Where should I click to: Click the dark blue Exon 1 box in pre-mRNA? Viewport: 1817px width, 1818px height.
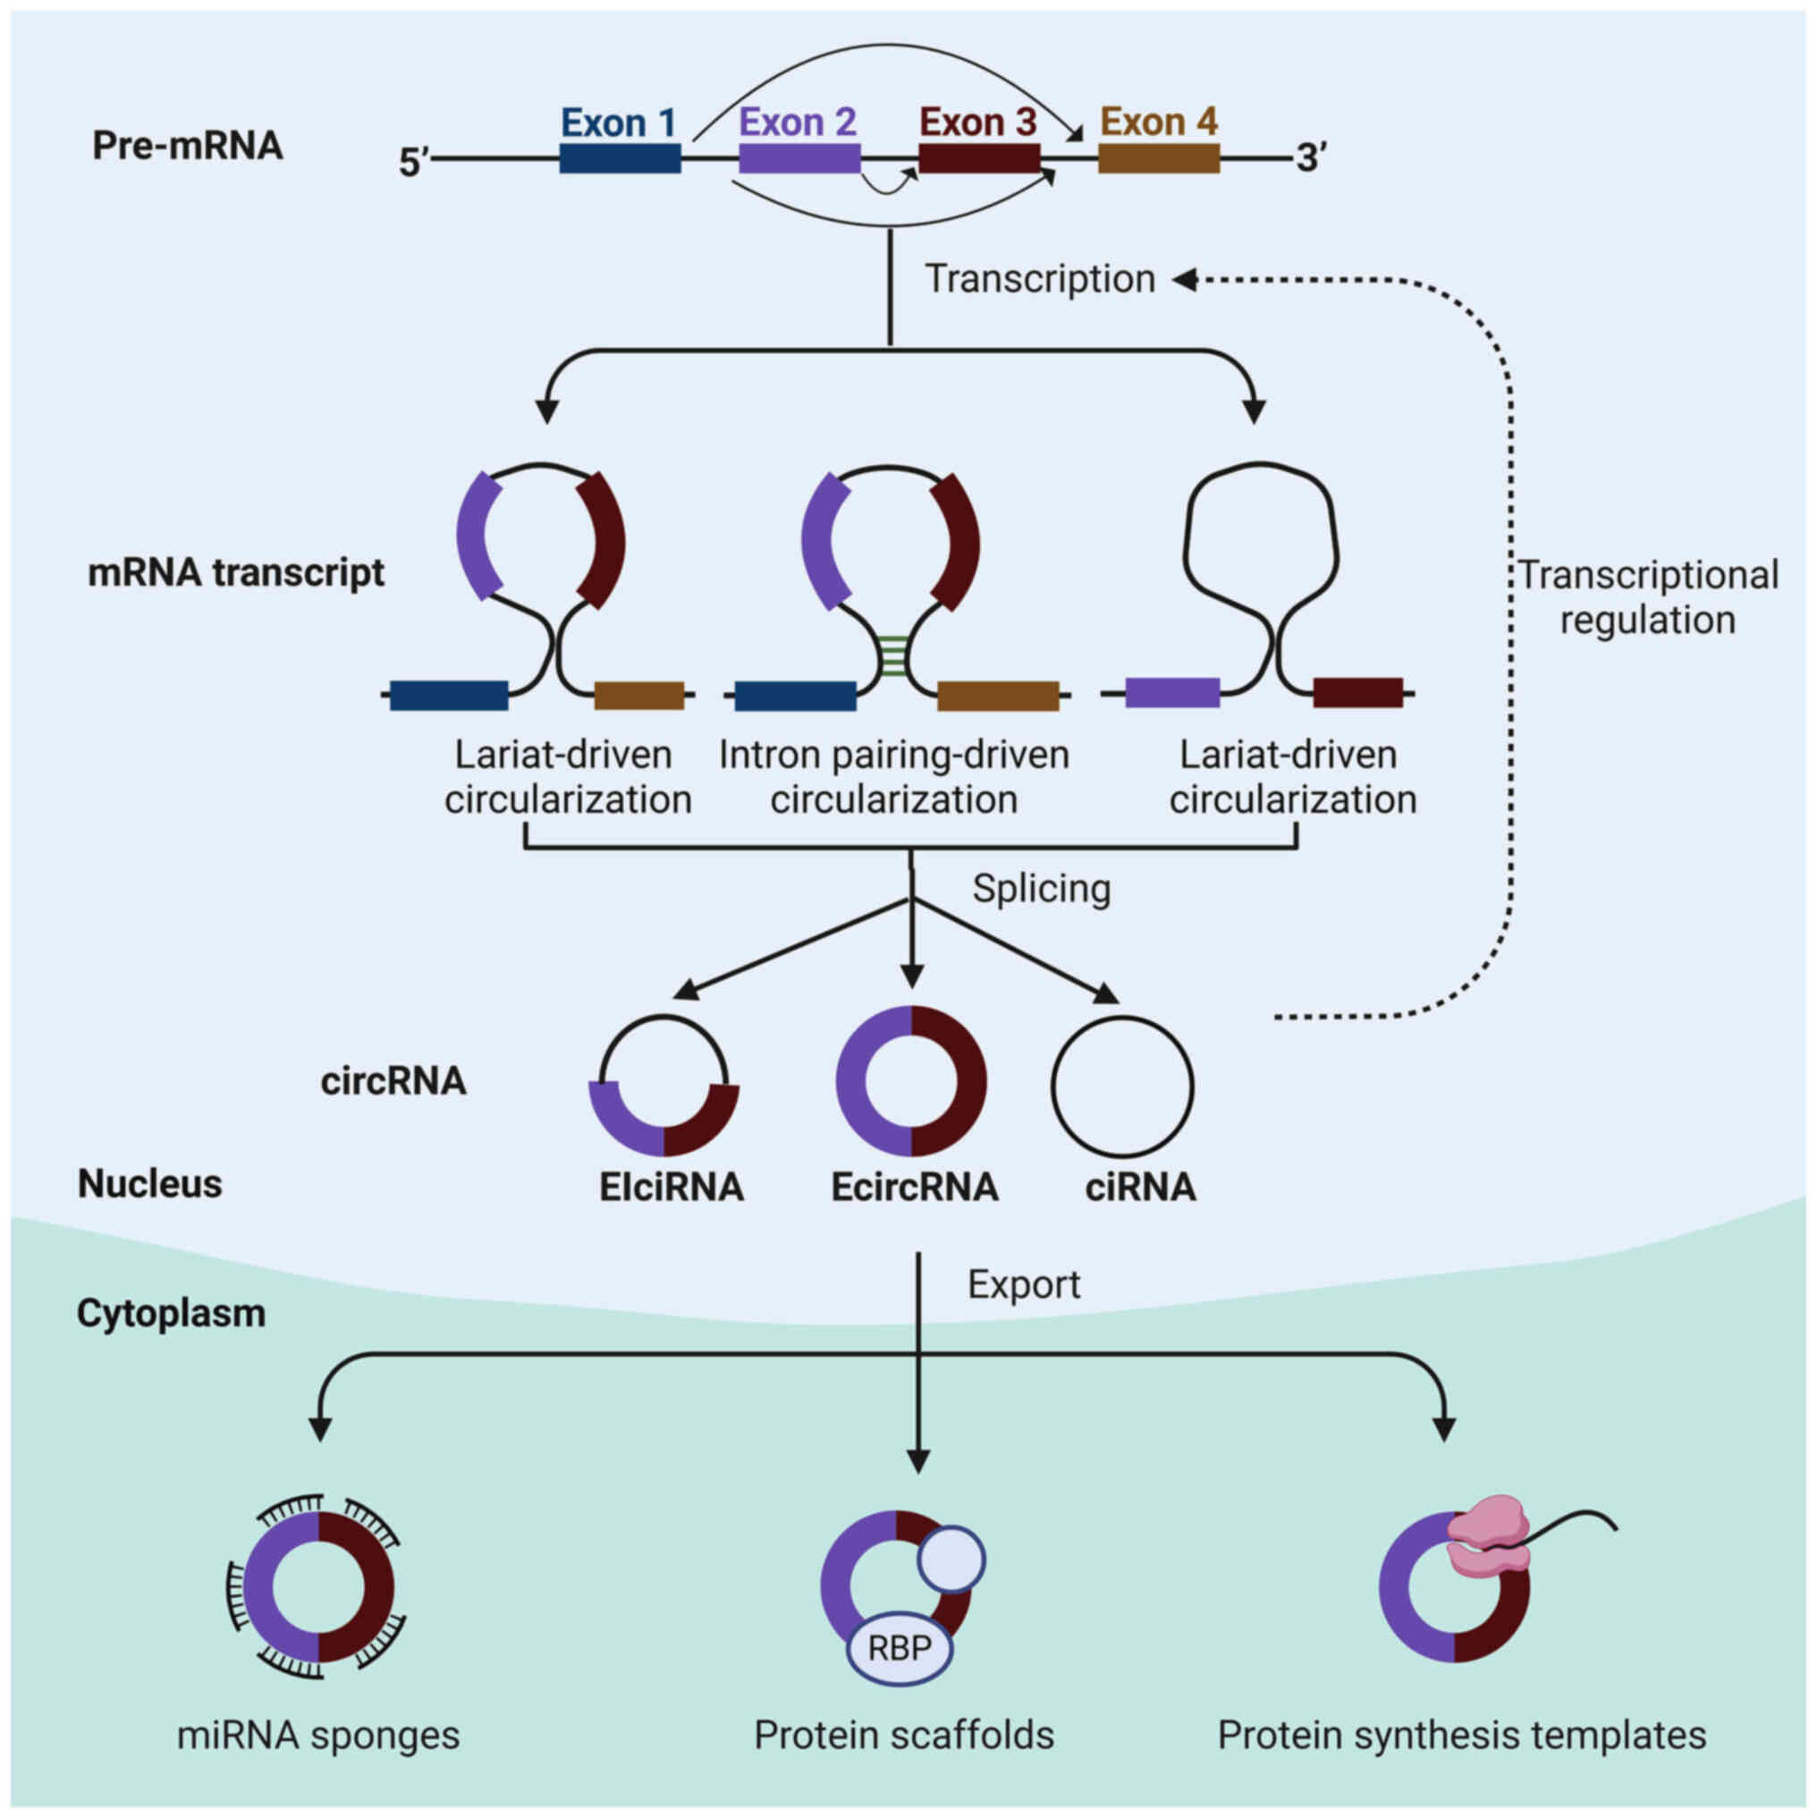[619, 158]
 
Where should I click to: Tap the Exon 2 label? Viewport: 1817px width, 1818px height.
[797, 123]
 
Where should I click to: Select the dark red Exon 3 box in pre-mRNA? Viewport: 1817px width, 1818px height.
[978, 158]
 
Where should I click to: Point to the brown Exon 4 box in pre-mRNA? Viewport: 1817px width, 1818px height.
[1158, 158]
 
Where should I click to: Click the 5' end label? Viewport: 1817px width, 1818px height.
[413, 163]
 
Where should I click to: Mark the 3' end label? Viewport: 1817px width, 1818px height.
[1312, 157]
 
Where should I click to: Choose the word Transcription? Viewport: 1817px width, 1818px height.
[1040, 280]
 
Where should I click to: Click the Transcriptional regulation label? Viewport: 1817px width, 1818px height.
[1648, 597]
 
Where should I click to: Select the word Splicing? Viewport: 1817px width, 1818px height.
[1041, 888]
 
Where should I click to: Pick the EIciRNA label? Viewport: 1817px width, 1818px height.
[671, 1188]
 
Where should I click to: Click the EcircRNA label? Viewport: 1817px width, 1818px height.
[915, 1188]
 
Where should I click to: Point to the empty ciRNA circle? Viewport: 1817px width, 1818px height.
[1122, 1087]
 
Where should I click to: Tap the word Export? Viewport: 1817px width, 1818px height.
[1024, 1284]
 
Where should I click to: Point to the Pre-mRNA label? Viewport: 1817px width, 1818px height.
[187, 147]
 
